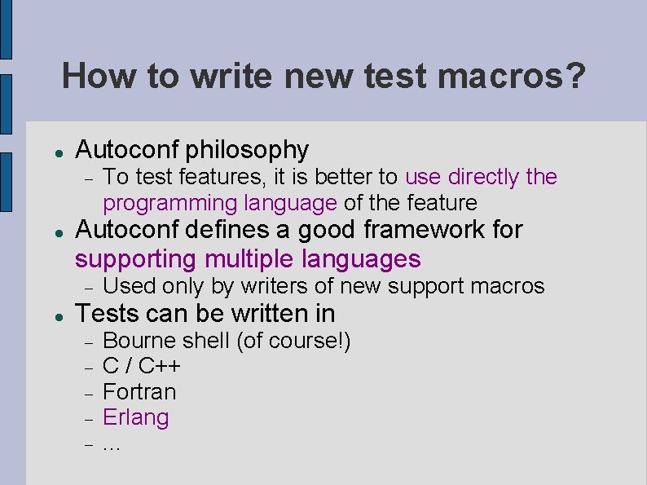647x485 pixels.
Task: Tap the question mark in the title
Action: [x=575, y=77]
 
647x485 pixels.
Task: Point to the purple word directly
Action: [x=483, y=177]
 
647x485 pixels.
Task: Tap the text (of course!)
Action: [x=294, y=340]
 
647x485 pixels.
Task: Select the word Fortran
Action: [x=139, y=392]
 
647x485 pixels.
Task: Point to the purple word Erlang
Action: [x=136, y=418]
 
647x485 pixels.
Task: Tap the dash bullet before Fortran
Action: [x=89, y=393]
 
